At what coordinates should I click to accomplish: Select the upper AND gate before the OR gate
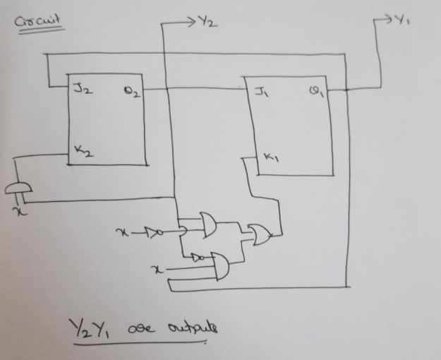coord(210,225)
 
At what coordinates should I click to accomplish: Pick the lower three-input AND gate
coord(219,266)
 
